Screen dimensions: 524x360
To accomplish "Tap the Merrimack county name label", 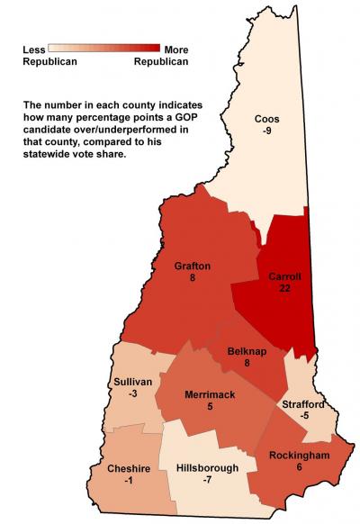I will [209, 395].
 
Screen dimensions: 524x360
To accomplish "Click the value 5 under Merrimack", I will [209, 408].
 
